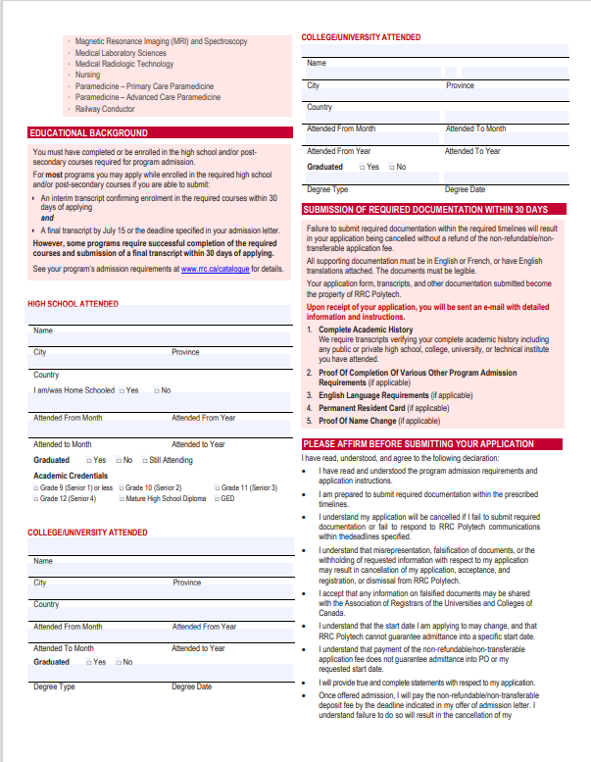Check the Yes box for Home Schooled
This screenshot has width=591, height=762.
[122, 390]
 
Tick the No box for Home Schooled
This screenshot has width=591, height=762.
[156, 390]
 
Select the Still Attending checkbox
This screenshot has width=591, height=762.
[145, 460]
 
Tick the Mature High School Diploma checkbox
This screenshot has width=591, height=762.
[122, 499]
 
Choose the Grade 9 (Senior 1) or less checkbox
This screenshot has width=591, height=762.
[36, 487]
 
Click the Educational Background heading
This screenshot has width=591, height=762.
[88, 133]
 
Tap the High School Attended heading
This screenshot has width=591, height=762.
[73, 304]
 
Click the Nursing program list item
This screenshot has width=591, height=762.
[87, 75]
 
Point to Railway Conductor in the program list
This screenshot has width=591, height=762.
[105, 110]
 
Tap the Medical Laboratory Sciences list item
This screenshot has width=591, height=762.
[121, 53]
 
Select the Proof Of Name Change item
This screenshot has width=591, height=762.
[358, 421]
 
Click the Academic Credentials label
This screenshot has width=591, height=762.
[71, 476]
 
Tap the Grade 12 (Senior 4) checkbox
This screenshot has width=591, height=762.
[36, 499]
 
